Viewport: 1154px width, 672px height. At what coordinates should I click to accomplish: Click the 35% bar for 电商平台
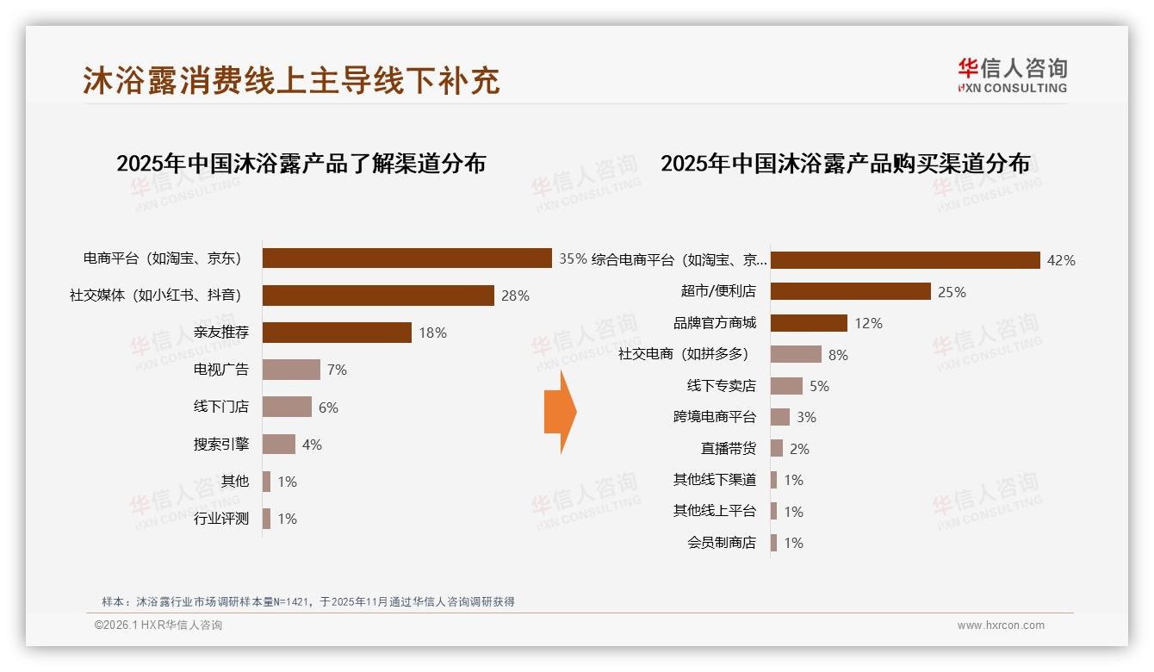point(406,258)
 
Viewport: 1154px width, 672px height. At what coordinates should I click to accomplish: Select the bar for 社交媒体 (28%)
point(378,296)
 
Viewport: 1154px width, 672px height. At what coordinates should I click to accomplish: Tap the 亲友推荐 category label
point(220,333)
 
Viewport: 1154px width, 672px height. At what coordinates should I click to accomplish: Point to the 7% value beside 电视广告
point(337,370)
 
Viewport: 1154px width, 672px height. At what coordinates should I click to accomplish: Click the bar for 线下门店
point(287,407)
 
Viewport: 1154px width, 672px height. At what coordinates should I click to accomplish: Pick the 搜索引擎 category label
point(220,445)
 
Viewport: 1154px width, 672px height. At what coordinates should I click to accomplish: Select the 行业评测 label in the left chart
point(220,519)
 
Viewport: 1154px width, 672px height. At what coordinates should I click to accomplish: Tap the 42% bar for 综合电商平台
point(905,260)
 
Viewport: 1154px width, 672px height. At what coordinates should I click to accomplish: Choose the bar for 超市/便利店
point(850,291)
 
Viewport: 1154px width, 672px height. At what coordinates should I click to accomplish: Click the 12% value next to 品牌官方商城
point(868,323)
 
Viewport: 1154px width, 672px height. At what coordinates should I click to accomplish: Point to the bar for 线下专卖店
point(786,386)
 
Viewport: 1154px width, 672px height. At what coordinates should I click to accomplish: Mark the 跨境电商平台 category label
point(714,417)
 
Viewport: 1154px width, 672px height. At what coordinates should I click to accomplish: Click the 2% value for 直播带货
point(799,449)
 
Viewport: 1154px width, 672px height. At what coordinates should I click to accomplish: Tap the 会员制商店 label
point(721,543)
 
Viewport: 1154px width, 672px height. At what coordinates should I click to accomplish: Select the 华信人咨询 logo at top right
point(1012,75)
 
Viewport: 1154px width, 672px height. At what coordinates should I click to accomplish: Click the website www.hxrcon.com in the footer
point(1001,625)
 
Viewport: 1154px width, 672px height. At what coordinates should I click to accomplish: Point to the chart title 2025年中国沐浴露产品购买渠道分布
point(845,163)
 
